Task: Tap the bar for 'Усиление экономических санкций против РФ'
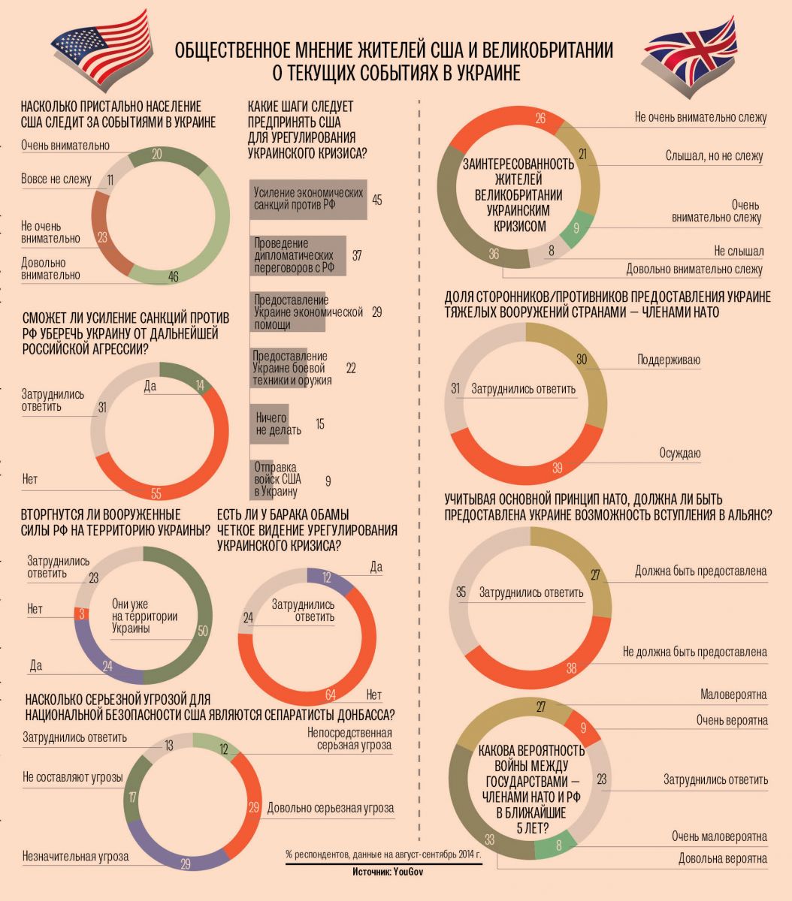click(x=308, y=199)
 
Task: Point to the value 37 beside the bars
click(x=357, y=256)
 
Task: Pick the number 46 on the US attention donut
click(x=174, y=277)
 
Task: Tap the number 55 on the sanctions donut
click(x=156, y=493)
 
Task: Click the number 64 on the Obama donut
click(x=330, y=693)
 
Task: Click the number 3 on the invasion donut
click(x=80, y=613)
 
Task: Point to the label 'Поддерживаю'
click(x=669, y=360)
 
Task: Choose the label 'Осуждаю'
click(x=680, y=453)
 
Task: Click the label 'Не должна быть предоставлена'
click(x=695, y=652)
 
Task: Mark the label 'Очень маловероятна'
click(x=719, y=836)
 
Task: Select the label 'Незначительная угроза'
click(x=75, y=856)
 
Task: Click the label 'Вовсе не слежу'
click(x=56, y=179)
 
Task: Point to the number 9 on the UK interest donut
click(x=576, y=229)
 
